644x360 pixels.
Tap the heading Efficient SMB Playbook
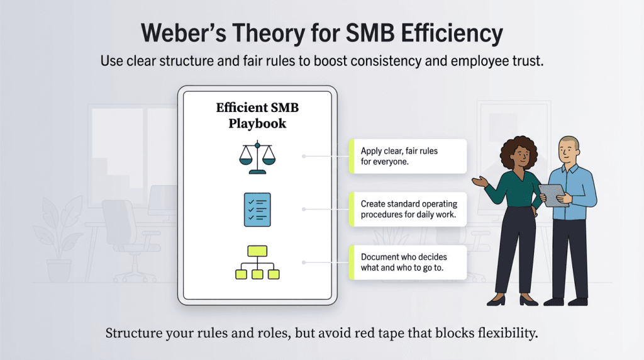coord(257,115)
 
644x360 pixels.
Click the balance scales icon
coord(257,157)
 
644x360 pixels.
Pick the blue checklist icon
coord(257,210)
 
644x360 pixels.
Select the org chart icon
coord(257,262)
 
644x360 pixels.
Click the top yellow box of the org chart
coord(257,251)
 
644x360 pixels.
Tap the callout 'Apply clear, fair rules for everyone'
coord(408,156)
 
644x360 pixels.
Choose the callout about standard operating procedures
coord(408,209)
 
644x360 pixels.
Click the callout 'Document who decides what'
coord(408,262)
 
